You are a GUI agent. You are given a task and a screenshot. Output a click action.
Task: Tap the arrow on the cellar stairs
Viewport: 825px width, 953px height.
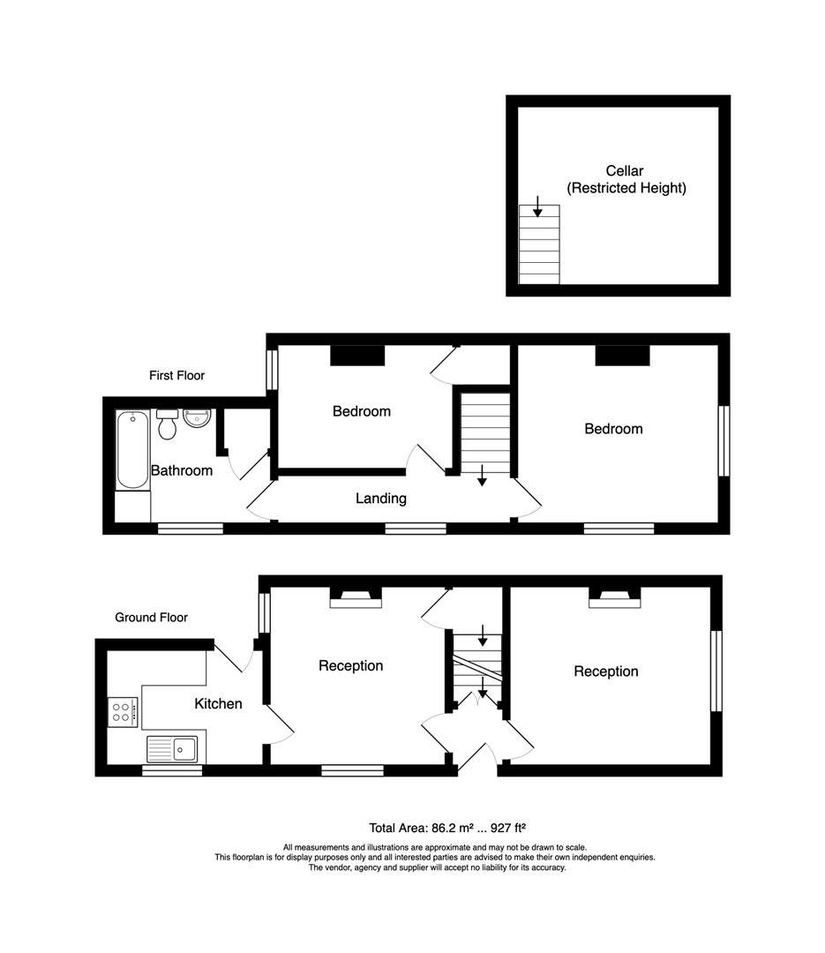(537, 206)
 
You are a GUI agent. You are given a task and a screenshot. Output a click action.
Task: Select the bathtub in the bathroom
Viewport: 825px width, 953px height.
(132, 450)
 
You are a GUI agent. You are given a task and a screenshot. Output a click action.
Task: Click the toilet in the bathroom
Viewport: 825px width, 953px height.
(167, 424)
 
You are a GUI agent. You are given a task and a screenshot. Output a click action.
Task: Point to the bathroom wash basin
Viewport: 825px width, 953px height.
(197, 418)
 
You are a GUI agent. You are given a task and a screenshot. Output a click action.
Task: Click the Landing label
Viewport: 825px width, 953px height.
(381, 499)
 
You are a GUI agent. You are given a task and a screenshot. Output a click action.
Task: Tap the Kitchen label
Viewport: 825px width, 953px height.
(218, 704)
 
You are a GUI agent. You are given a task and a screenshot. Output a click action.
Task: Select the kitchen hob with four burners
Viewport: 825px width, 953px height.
(123, 712)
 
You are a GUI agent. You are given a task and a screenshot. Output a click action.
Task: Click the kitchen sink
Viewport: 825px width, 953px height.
(172, 749)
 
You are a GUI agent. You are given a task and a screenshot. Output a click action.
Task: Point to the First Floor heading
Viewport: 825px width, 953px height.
(177, 376)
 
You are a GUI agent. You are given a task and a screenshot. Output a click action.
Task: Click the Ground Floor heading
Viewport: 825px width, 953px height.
(152, 618)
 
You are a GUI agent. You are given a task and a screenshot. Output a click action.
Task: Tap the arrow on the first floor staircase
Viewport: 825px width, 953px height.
(482, 476)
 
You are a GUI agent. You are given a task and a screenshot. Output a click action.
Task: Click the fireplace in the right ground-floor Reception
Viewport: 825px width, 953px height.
(615, 598)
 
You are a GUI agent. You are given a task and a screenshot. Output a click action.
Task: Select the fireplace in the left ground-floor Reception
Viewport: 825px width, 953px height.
(356, 598)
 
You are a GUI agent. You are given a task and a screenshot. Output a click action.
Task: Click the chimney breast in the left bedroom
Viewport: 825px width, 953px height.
(357, 356)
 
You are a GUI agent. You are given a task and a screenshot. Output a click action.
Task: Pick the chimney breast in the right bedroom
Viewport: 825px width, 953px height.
(623, 356)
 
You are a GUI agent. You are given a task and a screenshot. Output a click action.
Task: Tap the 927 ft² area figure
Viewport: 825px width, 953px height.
(508, 828)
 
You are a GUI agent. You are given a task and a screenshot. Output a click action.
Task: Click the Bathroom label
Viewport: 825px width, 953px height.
(182, 470)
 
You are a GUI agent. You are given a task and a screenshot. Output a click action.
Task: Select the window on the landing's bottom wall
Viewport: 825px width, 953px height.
(416, 529)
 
